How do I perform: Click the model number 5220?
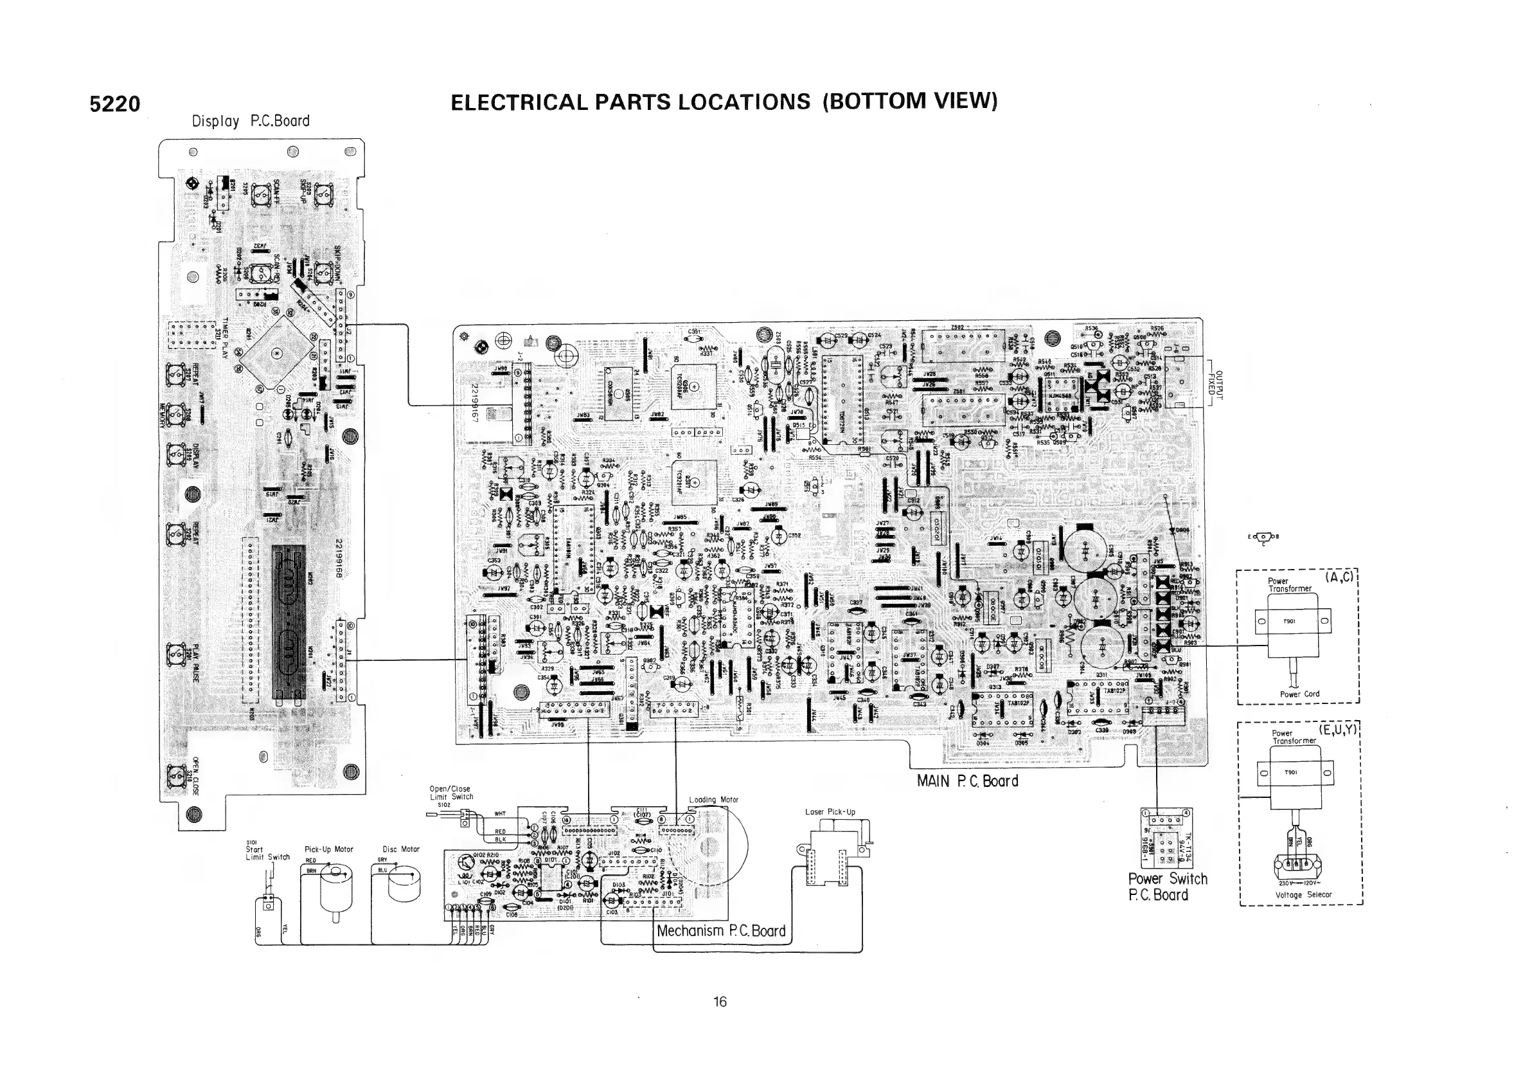pyautogui.click(x=115, y=104)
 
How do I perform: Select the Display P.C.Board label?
pyautogui.click(x=251, y=122)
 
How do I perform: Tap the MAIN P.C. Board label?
pyautogui.click(x=967, y=781)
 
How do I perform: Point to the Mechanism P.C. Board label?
pyautogui.click(x=721, y=931)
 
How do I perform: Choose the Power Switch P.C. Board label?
pyautogui.click(x=1168, y=887)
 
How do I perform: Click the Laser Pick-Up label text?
pyautogui.click(x=830, y=811)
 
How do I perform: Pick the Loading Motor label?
pyautogui.click(x=713, y=800)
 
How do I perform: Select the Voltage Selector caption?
pyautogui.click(x=1303, y=894)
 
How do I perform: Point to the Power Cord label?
pyautogui.click(x=1299, y=694)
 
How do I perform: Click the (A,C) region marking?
pyautogui.click(x=1339, y=577)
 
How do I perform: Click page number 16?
pyautogui.click(x=720, y=1002)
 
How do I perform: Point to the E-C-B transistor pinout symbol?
pyautogui.click(x=1263, y=537)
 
